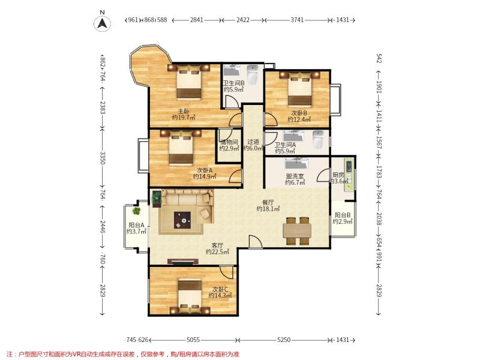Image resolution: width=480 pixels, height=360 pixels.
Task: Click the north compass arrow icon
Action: [x=102, y=23]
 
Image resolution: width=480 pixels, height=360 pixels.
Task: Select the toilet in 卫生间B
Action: [x=253, y=74]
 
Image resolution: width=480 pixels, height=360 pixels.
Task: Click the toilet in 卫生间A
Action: [x=319, y=140]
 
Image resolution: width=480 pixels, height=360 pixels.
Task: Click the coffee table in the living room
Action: [x=182, y=220]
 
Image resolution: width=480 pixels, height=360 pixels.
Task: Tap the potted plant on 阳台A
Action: [x=137, y=211]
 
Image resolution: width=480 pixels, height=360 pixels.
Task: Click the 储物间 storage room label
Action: [x=229, y=142]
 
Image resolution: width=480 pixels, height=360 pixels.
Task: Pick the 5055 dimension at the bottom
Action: [x=193, y=340]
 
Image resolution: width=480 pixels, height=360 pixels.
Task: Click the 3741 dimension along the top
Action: [x=297, y=20]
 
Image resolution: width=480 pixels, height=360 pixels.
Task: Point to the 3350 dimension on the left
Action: [x=103, y=158]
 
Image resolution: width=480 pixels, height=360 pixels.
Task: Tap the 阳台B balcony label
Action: [x=343, y=215]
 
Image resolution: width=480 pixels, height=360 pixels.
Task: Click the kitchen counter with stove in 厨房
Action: [x=349, y=175]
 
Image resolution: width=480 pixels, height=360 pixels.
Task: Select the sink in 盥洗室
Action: [x=296, y=163]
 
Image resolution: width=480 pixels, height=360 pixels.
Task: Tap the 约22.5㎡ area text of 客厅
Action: [x=217, y=252]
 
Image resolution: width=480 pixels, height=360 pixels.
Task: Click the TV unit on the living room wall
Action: [x=183, y=262]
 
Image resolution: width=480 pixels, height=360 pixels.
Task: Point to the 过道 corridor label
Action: [x=253, y=142]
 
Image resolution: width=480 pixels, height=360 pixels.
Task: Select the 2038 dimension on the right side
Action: [x=379, y=219]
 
